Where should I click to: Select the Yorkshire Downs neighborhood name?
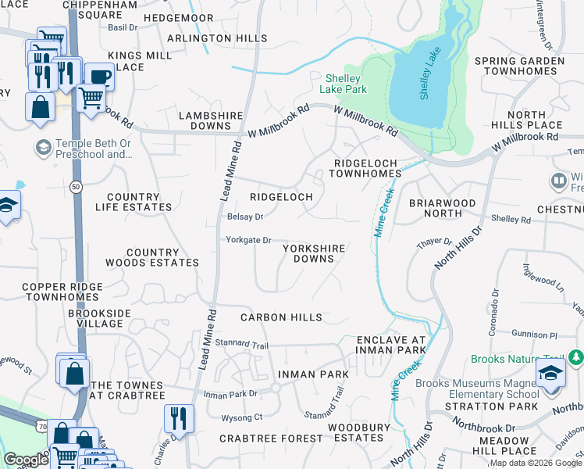pos(314,253)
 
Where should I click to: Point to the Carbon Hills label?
pos(281,317)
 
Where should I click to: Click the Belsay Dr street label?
pos(245,217)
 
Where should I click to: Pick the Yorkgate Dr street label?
pos(248,240)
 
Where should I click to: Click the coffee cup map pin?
pos(99,77)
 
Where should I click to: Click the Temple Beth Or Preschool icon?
pos(43,147)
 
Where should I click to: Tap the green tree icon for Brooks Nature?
pos(576,357)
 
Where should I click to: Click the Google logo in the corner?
pos(26,460)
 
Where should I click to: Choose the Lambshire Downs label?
pos(205,120)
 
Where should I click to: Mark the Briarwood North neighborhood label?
pos(442,208)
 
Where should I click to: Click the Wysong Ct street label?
pos(242,417)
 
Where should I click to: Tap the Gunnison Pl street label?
pos(534,334)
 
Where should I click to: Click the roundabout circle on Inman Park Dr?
pos(276,388)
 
